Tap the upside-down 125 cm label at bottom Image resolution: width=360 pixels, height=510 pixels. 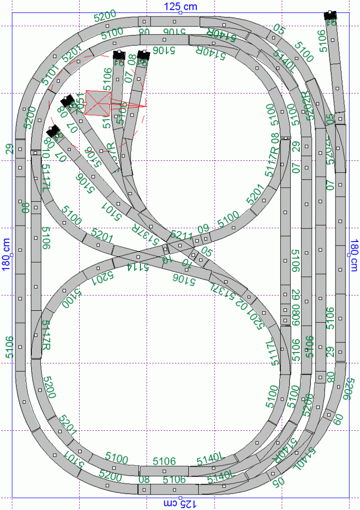(180, 504)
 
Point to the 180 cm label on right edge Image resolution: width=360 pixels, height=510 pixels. (355, 255)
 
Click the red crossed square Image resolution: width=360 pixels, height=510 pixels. (98, 103)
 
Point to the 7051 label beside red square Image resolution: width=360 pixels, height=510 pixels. (80, 105)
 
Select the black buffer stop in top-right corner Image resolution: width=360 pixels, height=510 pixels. (330, 15)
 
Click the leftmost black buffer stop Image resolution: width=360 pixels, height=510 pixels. (52, 131)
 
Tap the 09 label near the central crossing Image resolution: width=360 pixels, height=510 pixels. (203, 230)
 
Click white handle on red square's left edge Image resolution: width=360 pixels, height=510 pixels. (85, 103)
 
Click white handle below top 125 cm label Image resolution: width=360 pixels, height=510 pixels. (180, 12)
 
